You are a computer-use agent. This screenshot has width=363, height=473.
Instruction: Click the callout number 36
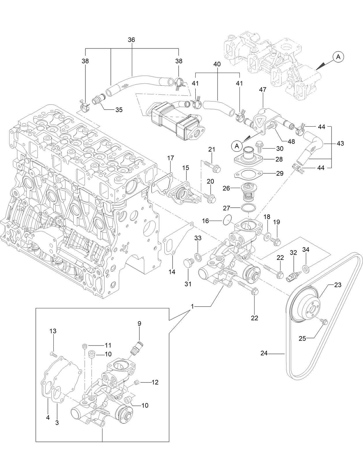(x=131, y=40)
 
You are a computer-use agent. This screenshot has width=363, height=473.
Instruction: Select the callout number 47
(x=263, y=90)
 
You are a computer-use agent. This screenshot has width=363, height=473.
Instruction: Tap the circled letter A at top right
(x=338, y=57)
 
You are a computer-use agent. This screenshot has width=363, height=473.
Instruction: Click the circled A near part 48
(x=237, y=146)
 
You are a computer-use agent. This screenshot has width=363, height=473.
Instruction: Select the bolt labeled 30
(x=259, y=147)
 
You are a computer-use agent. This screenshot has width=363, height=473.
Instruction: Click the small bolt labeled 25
(x=324, y=321)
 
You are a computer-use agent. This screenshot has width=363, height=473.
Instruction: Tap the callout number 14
(x=172, y=272)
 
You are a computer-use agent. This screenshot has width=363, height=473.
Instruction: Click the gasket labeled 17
(x=162, y=185)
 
